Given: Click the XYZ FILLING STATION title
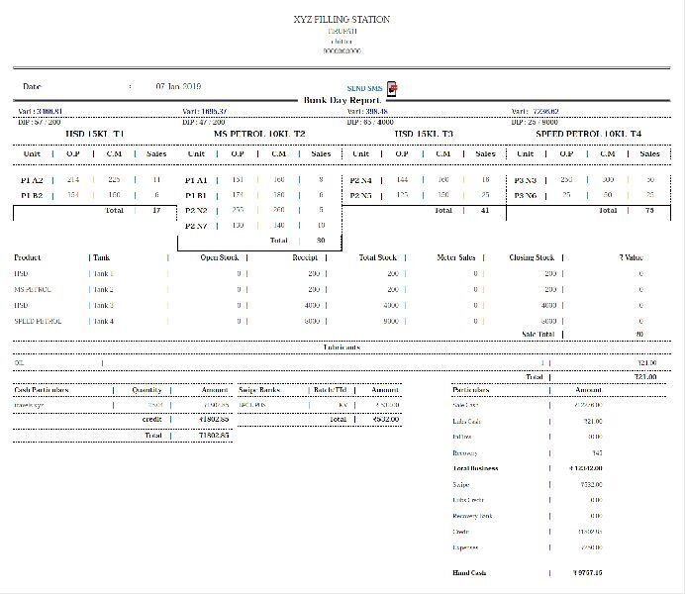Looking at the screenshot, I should coord(342,20).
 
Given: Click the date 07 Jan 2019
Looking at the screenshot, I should coord(178,87).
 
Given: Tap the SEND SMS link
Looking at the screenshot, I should coord(364,89).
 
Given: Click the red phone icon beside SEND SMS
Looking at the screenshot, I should coord(392,89).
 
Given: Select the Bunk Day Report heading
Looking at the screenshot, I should coord(342,101).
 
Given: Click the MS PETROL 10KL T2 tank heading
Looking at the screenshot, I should coord(260,133).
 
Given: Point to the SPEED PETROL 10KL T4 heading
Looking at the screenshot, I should coord(588,133).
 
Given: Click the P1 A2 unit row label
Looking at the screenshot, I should coord(32,180).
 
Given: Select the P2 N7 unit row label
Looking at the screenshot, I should coord(196,226).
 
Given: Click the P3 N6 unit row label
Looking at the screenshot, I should coord(525,196).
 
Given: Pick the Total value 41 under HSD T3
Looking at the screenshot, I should coord(484,211).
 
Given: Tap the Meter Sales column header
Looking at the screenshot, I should coord(455,257).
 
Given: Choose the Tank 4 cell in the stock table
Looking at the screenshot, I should coord(103,321).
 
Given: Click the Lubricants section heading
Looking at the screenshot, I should coord(342,347).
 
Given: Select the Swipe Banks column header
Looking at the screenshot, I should coord(260,390).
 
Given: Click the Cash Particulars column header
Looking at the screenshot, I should coord(42,390).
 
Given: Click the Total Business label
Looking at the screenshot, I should coord(475,467).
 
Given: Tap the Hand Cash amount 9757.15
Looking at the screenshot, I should coord(588,572).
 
